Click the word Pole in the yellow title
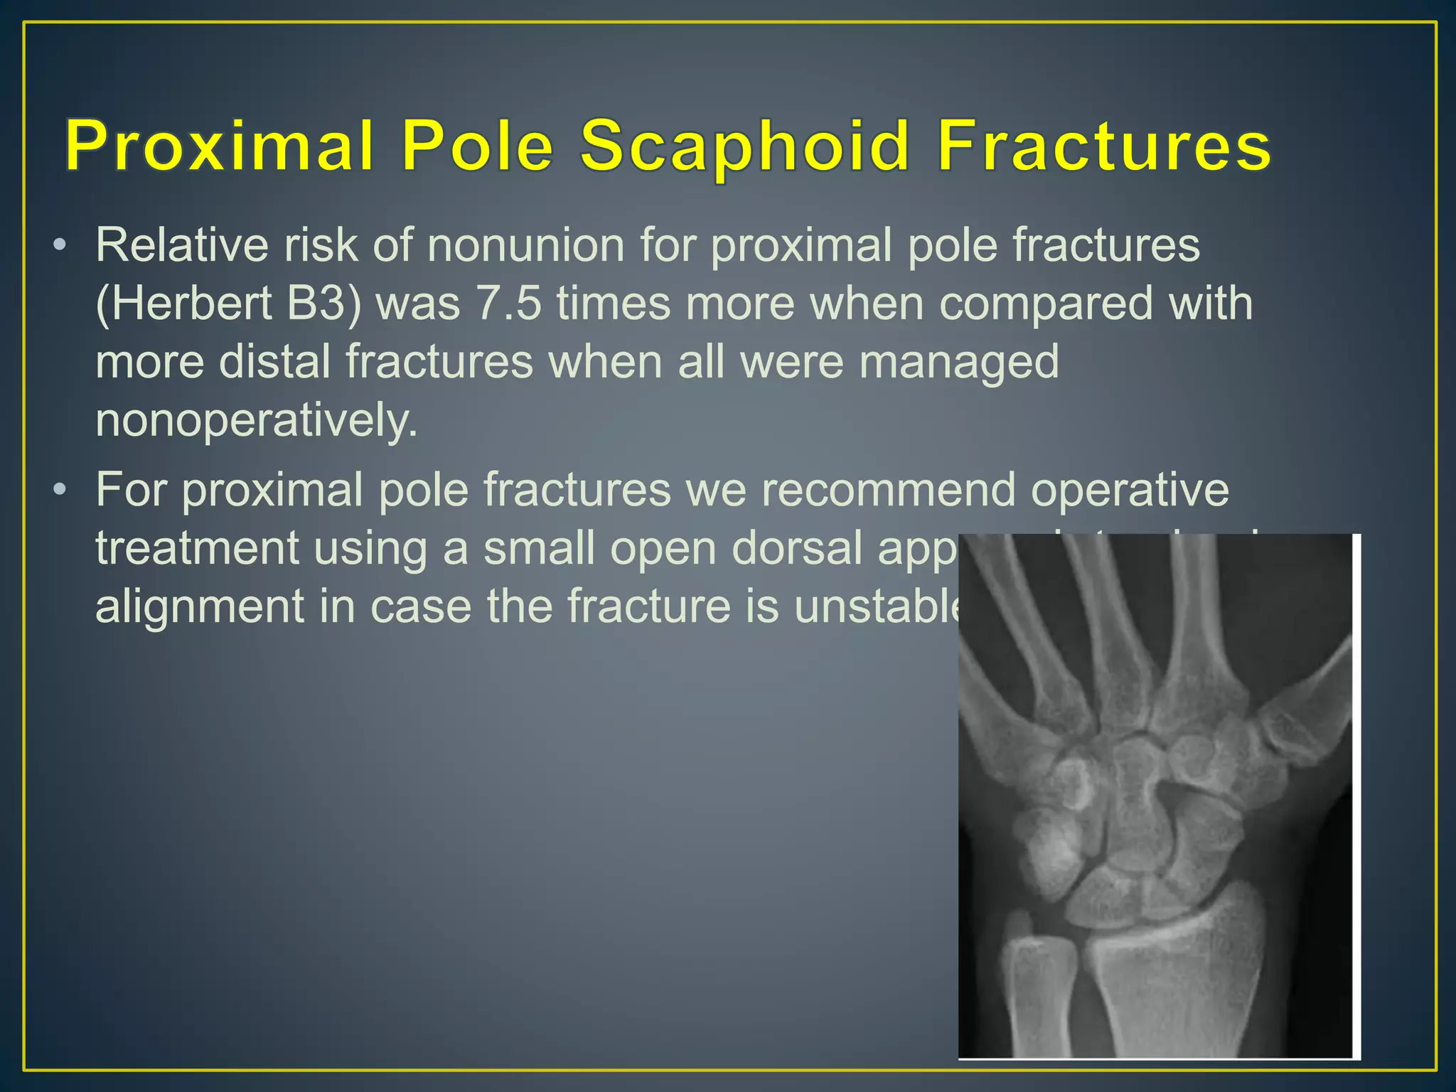[477, 146]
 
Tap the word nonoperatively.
[257, 421]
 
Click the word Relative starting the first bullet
[183, 245]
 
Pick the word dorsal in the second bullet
[797, 548]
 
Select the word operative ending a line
[1130, 490]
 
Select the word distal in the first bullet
[274, 363]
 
